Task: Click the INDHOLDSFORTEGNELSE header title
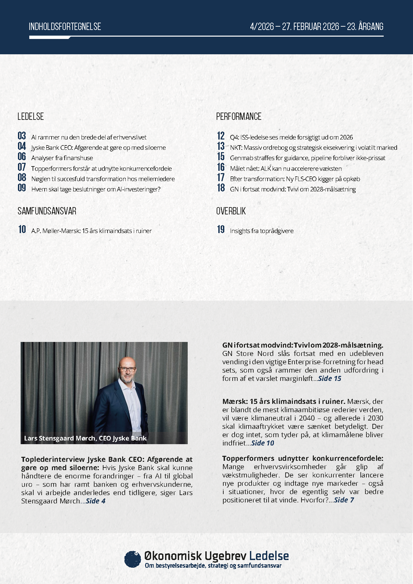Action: pos(65,27)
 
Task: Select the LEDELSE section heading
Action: pos(31,117)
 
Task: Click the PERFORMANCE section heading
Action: pos(239,117)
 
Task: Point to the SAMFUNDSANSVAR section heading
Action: pos(47,211)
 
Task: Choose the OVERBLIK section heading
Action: pos(231,211)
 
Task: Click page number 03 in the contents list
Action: pos(22,136)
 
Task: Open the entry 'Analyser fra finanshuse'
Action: pos(62,158)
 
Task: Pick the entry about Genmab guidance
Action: pos(308,158)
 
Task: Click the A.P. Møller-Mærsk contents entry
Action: pos(92,231)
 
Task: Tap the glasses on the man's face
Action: pos(127,369)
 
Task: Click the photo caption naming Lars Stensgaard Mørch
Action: pos(85,438)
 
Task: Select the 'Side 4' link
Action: pos(96,501)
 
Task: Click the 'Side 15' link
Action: pos(330,379)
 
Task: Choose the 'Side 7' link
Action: pos(344,500)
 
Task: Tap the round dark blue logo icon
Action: pos(132,559)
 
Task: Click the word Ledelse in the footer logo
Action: pos(269,556)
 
